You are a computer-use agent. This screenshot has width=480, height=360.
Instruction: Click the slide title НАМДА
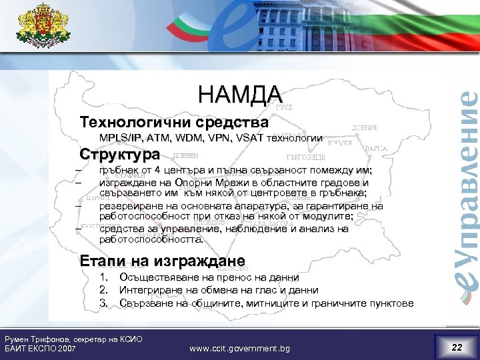[240, 95]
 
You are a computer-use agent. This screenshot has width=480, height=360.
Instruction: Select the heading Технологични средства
[173, 123]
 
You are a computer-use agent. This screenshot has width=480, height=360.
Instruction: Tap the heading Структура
[119, 155]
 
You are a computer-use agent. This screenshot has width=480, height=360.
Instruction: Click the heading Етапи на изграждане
[162, 260]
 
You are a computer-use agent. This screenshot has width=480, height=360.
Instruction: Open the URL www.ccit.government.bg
[239, 348]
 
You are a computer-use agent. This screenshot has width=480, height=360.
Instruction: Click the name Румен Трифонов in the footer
[37, 339]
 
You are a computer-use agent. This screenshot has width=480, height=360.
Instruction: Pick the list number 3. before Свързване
[103, 303]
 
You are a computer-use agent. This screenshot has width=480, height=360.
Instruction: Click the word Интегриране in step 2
[149, 290]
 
